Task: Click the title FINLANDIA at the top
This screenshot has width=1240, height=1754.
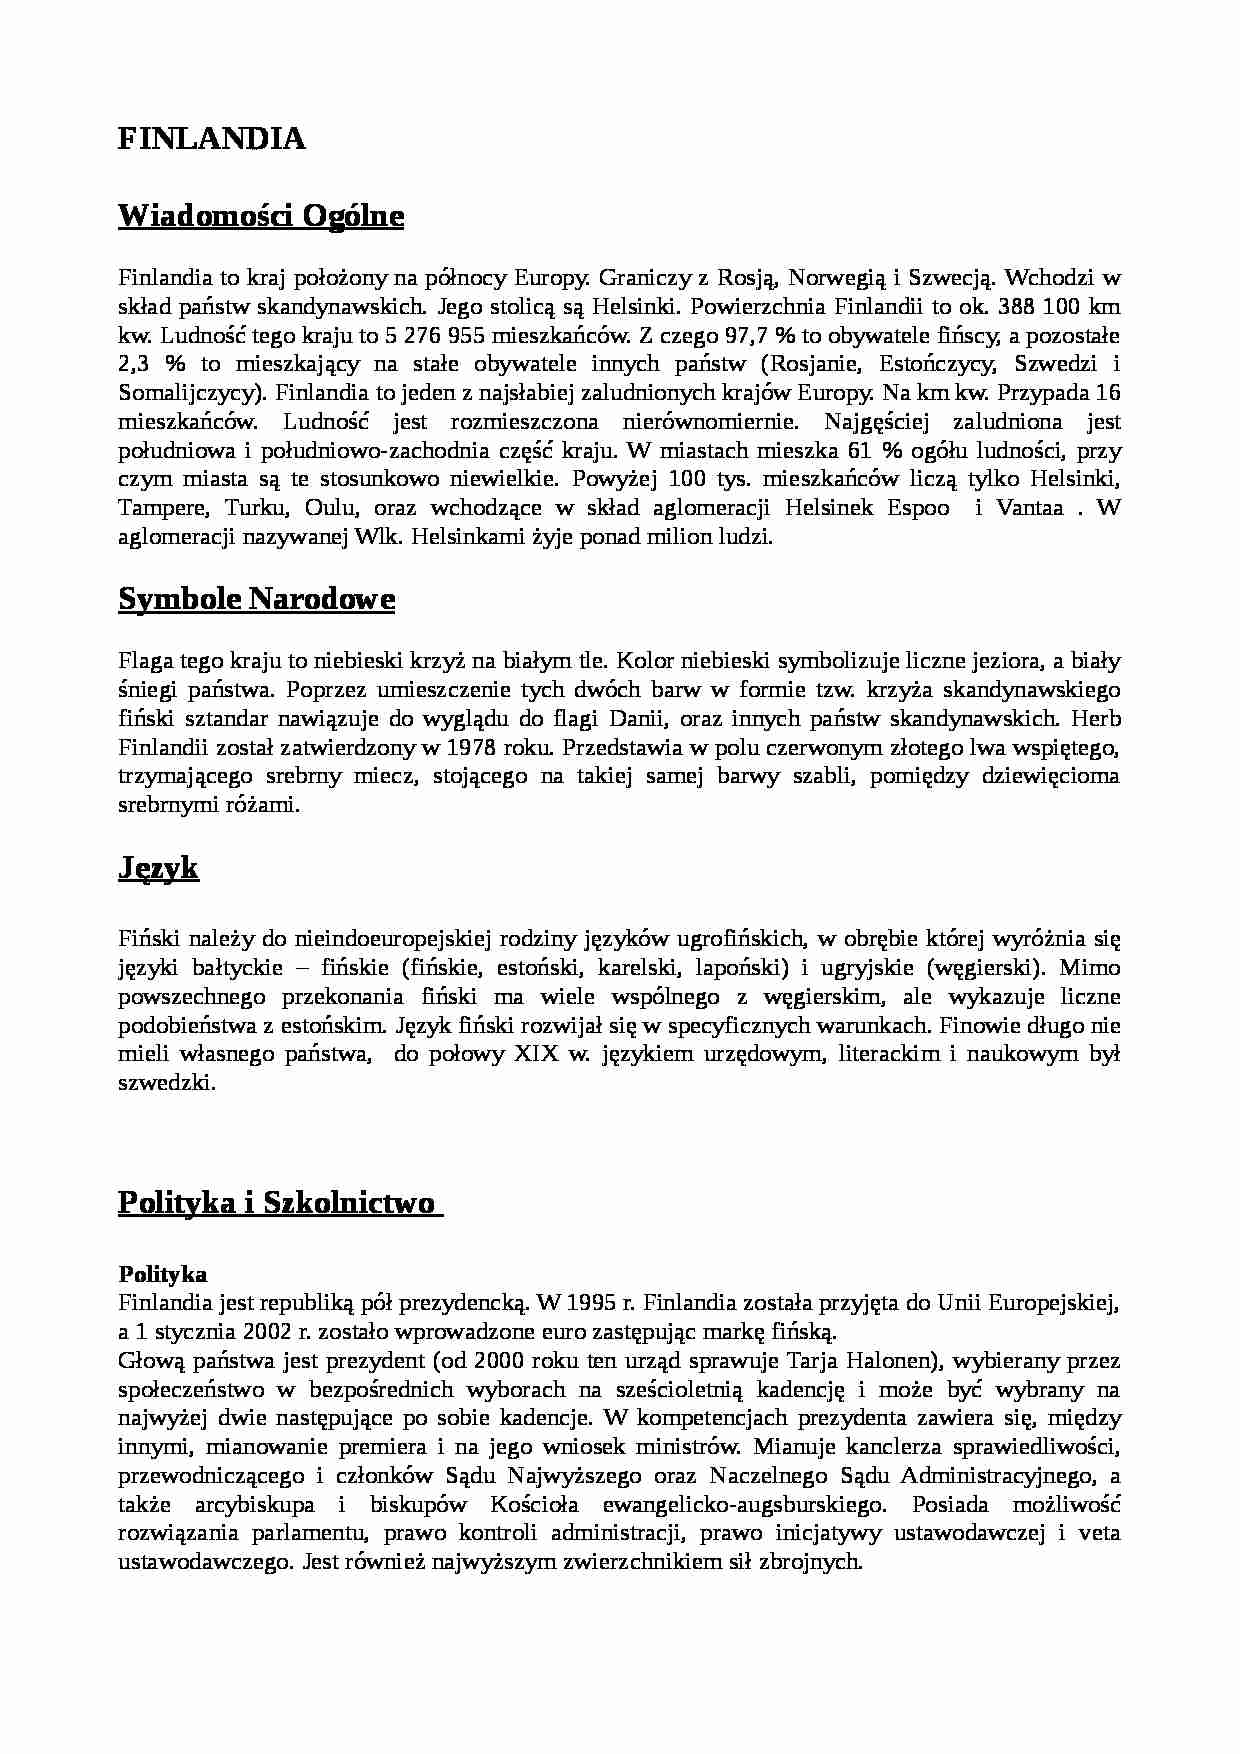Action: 211,139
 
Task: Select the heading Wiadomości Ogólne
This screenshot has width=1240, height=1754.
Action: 261,216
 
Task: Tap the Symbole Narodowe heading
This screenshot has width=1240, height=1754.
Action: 256,599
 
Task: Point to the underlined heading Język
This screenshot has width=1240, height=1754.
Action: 158,867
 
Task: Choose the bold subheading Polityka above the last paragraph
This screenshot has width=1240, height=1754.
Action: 162,1274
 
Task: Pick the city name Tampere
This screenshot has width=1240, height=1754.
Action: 162,508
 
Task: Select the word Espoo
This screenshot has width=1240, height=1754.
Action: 918,508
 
